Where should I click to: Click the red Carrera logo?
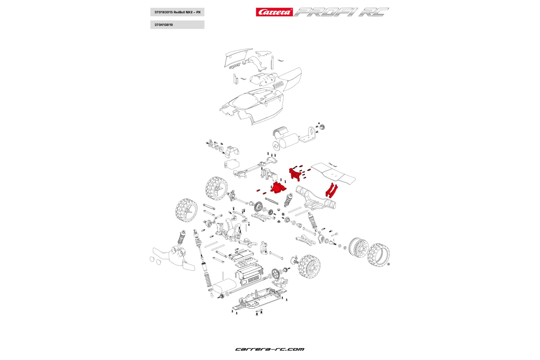(x=274, y=12)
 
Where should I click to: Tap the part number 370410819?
(x=164, y=25)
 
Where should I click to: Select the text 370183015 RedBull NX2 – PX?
(x=177, y=12)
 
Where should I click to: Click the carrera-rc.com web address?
(x=270, y=349)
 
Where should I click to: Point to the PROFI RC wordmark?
(x=341, y=12)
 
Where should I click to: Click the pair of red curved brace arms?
(x=331, y=190)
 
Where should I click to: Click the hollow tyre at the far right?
(x=379, y=254)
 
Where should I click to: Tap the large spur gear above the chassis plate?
(x=276, y=274)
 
